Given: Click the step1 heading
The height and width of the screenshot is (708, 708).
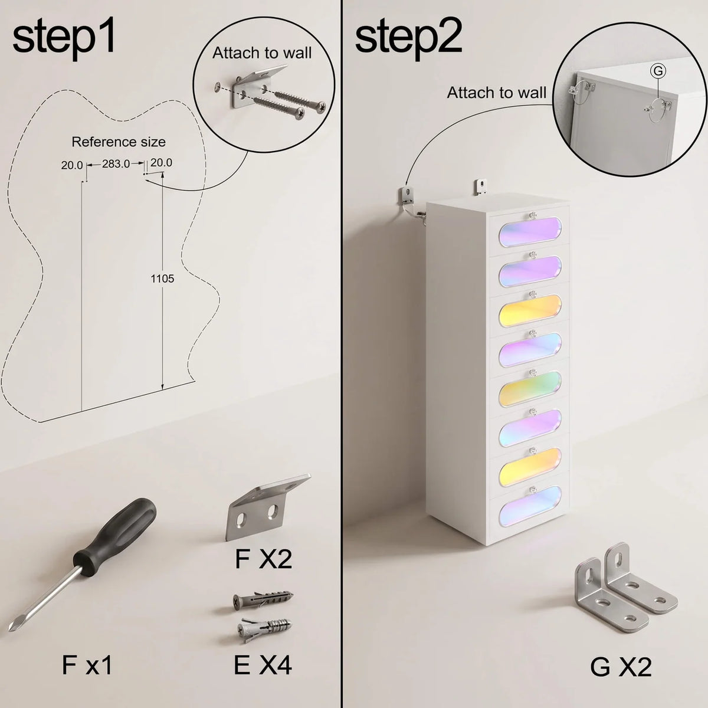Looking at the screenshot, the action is tap(64, 39).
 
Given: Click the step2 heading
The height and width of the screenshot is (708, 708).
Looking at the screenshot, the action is tap(408, 39).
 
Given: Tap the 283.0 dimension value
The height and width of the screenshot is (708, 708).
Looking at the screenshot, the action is tap(116, 164).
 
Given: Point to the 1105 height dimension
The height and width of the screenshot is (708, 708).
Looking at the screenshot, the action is tap(162, 278).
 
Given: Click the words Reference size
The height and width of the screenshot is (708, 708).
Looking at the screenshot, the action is tap(119, 142).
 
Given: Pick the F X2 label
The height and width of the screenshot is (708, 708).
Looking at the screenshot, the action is tap(263, 559).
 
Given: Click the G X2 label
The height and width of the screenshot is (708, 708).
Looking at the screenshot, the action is tap(621, 667).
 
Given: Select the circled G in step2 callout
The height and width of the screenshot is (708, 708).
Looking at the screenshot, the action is tap(658, 71).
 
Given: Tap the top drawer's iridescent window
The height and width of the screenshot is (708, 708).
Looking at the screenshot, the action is tap(530, 232).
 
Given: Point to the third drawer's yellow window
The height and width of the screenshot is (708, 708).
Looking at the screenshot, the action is tap(530, 310).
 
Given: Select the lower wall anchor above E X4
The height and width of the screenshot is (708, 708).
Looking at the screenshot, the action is tap(264, 629).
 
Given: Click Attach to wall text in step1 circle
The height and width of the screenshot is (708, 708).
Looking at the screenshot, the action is tap(262, 53).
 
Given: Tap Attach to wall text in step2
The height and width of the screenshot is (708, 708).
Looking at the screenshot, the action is tap(497, 93).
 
